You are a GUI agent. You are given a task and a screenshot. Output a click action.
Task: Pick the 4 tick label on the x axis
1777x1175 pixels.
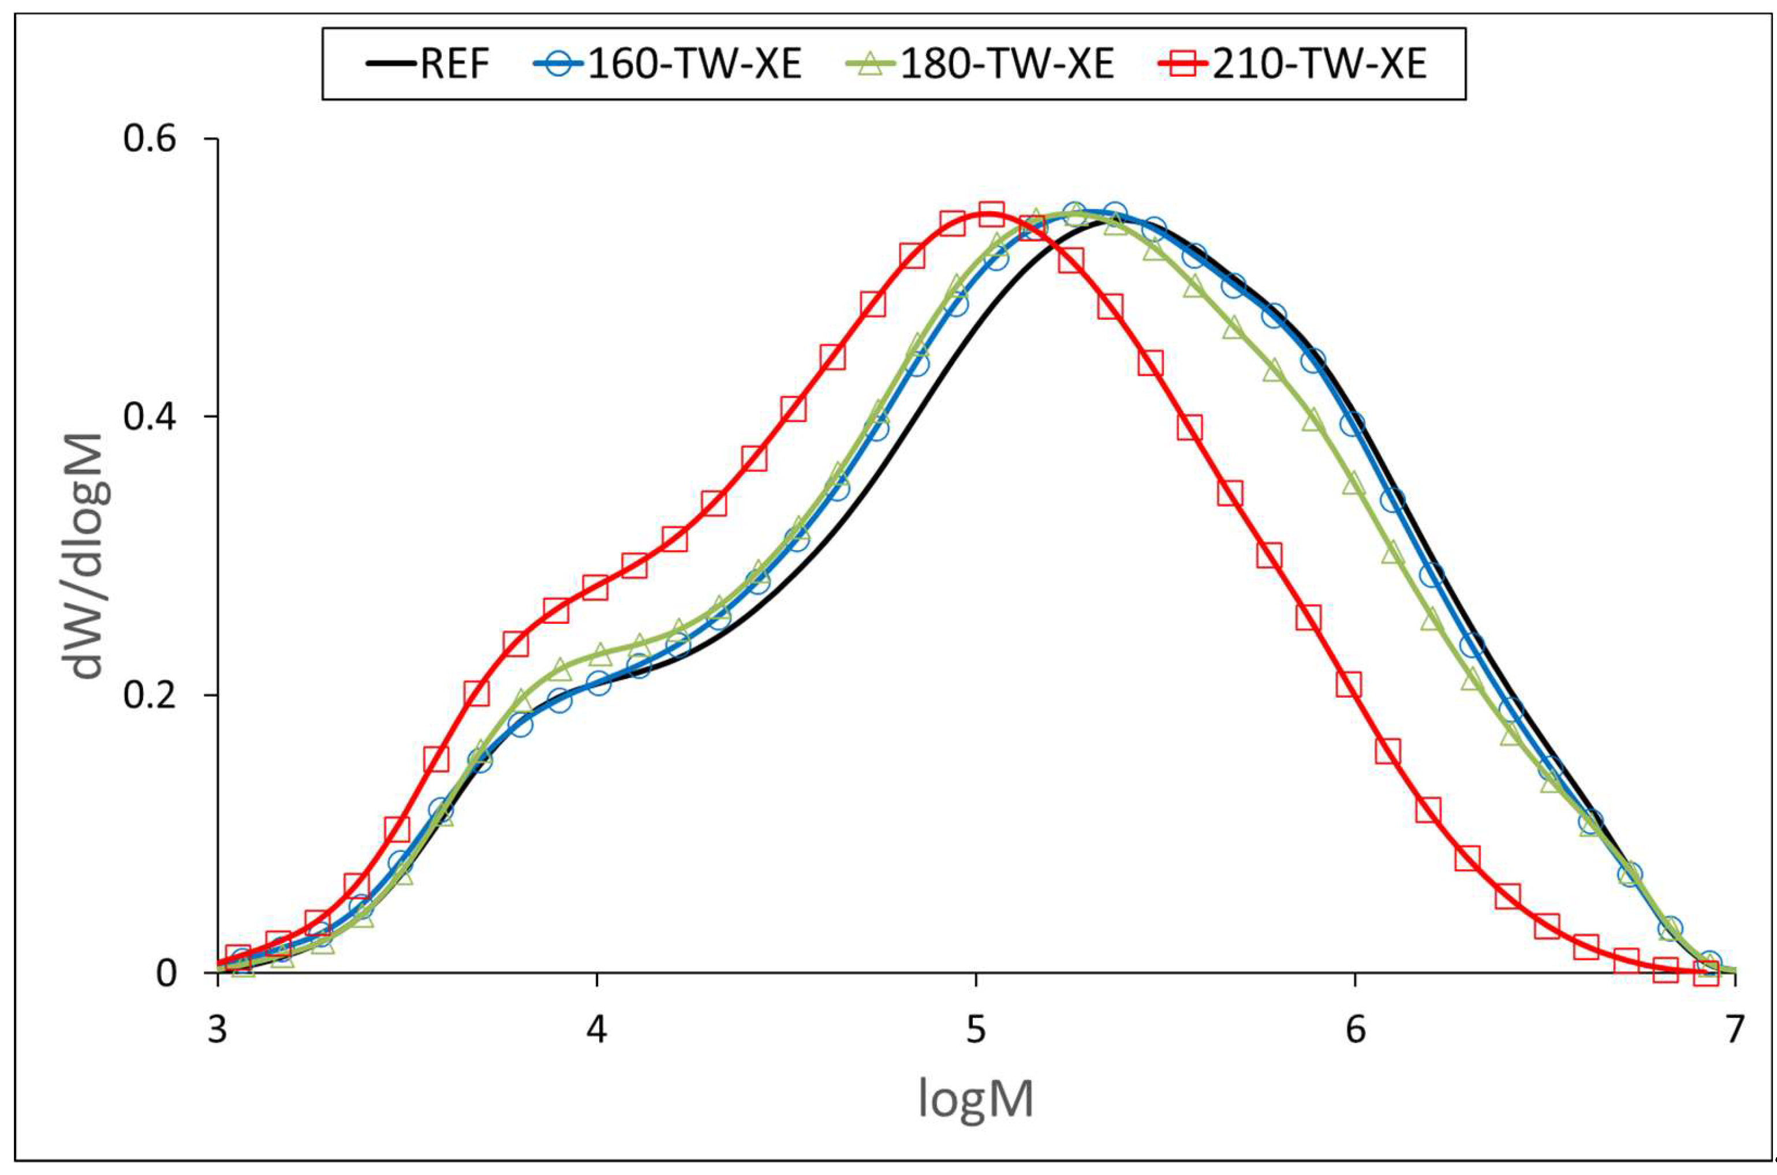596,1030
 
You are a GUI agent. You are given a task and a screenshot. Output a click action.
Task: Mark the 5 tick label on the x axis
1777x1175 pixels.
976,1030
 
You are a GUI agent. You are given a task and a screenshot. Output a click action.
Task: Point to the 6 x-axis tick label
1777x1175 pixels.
1355,1030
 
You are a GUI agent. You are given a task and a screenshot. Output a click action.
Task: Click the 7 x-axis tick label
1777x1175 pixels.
1734,1030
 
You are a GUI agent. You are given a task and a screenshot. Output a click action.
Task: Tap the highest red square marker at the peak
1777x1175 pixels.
991,214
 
